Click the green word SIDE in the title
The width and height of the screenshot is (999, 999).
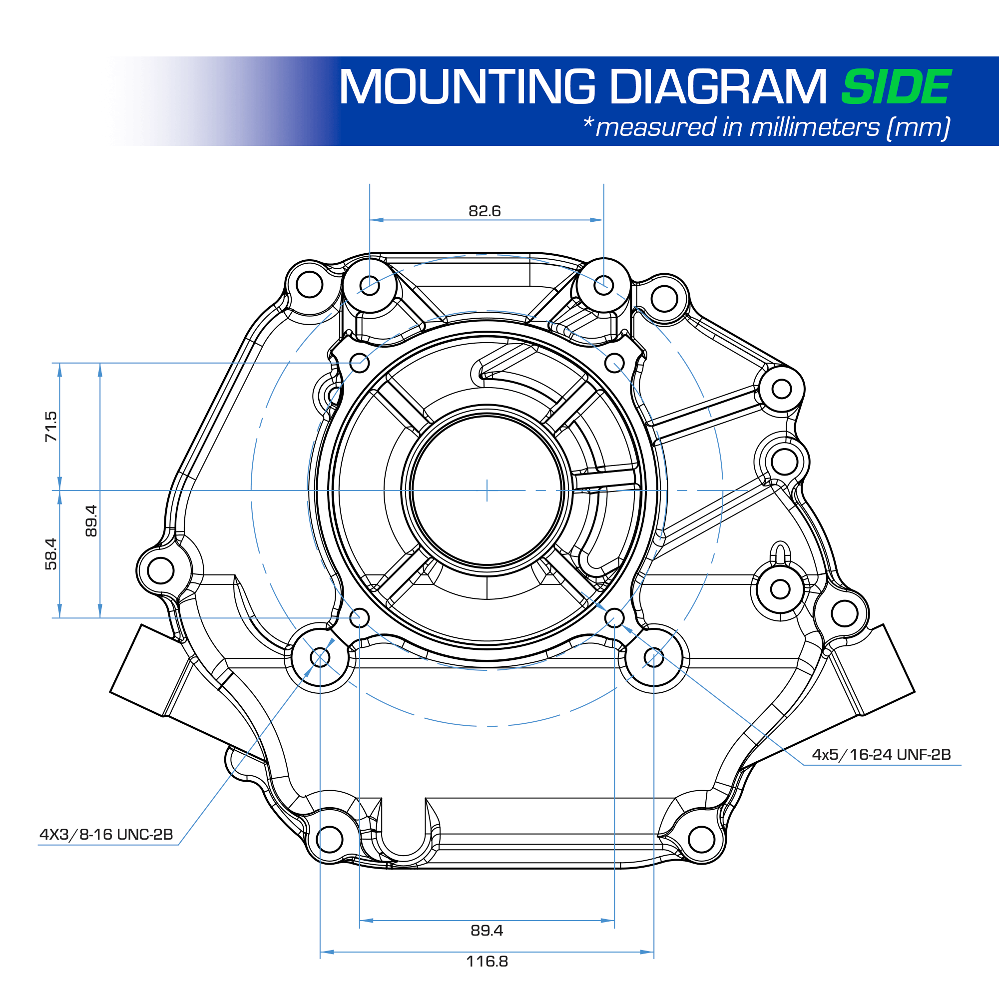pos(896,87)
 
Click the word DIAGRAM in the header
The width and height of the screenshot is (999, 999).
pos(719,87)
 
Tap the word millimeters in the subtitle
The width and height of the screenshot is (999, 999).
pos(814,127)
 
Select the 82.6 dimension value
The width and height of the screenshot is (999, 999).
pos(485,211)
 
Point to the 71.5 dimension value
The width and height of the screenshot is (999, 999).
pos(50,427)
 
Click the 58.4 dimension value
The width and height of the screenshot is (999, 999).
pos(50,554)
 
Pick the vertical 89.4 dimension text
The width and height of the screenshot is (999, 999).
pos(91,520)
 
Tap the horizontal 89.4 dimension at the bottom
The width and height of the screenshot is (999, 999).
pos(487,930)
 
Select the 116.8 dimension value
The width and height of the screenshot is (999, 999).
pos(487,961)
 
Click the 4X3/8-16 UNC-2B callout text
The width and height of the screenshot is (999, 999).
pos(106,835)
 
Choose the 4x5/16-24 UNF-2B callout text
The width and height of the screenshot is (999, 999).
pos(881,754)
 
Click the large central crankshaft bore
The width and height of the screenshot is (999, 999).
pos(487,490)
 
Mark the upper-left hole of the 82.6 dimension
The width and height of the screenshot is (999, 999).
pos(370,285)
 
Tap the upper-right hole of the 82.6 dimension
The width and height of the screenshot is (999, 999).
pos(603,285)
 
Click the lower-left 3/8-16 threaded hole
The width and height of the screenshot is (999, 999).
pos(320,657)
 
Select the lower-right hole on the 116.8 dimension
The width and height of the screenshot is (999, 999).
pos(653,657)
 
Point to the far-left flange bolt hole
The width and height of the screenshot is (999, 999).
pos(161,571)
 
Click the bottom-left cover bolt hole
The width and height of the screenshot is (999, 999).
pos(329,839)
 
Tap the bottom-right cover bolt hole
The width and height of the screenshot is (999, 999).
pos(702,839)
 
